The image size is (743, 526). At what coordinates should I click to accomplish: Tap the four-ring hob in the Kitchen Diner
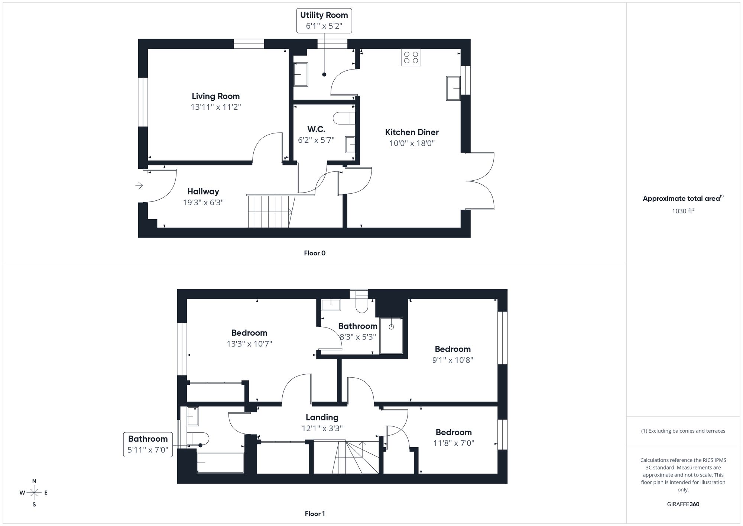tap(411, 58)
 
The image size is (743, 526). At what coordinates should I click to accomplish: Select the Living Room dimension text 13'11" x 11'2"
tap(216, 107)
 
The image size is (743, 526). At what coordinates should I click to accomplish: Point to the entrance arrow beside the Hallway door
tap(139, 185)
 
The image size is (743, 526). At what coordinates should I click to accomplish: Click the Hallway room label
tap(203, 191)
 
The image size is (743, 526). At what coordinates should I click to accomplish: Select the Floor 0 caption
tap(315, 253)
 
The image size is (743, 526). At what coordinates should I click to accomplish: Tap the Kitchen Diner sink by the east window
tap(453, 88)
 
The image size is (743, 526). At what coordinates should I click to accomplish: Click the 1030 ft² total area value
tap(683, 211)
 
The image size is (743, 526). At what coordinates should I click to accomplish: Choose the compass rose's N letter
tap(34, 481)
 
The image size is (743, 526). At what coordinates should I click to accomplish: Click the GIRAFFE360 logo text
tap(683, 504)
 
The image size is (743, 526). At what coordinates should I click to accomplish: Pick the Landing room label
tap(322, 417)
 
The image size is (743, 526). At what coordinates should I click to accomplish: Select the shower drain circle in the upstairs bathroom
tap(391, 327)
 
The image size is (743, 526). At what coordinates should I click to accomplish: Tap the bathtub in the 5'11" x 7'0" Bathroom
tap(220, 462)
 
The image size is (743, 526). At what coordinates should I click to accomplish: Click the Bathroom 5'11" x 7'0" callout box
tap(148, 444)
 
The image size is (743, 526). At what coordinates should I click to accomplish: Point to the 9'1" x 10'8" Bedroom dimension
tap(452, 360)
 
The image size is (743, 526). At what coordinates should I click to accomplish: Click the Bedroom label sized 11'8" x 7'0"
tap(453, 432)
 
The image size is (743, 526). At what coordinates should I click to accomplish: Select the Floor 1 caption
tap(315, 514)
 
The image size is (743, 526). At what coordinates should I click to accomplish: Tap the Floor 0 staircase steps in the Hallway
tap(269, 212)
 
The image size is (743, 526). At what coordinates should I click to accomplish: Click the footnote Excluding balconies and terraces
tap(683, 431)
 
